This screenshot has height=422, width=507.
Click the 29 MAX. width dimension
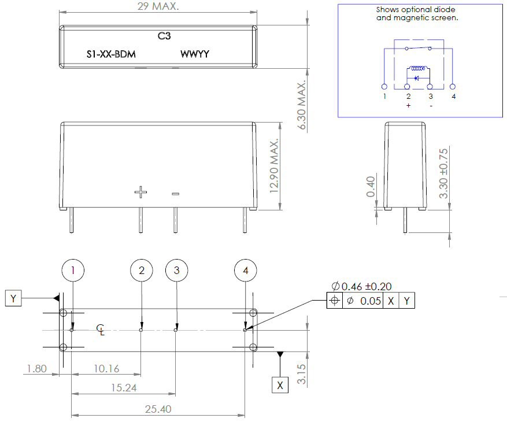click(x=158, y=7)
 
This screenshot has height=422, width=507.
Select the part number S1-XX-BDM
click(x=111, y=54)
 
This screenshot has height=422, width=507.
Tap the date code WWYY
click(x=195, y=54)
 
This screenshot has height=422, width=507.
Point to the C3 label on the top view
click(x=164, y=36)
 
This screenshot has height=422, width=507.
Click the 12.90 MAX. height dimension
click(x=275, y=165)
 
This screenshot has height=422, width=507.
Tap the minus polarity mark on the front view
click(x=175, y=194)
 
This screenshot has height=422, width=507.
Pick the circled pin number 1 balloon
click(x=72, y=270)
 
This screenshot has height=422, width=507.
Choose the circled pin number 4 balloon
click(x=246, y=270)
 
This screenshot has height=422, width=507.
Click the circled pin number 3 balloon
click(x=176, y=270)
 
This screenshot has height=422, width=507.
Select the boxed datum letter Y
click(x=13, y=298)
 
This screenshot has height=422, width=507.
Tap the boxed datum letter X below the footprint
click(x=280, y=384)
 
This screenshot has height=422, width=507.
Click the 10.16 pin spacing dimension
click(x=106, y=369)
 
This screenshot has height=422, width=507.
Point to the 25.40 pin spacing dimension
click(x=157, y=409)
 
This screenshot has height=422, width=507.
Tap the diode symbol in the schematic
click(x=417, y=77)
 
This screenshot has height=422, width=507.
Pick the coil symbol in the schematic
click(x=417, y=68)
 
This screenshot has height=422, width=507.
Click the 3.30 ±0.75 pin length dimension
click(x=443, y=172)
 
